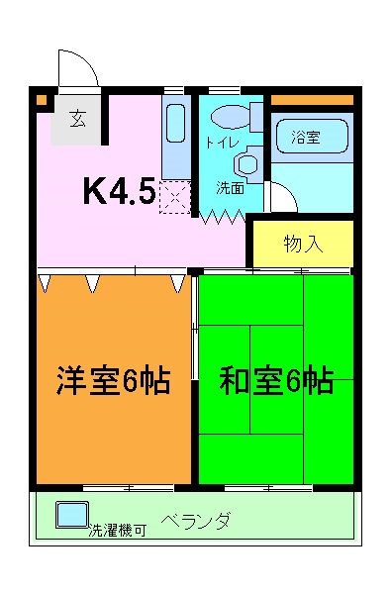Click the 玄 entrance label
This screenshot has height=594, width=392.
pos(76,119)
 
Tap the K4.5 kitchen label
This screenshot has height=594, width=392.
pos(118,190)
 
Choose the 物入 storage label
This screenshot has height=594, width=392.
pos(303,243)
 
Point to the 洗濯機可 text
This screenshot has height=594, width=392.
pos(117,531)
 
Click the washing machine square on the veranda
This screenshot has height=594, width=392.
pos(70,515)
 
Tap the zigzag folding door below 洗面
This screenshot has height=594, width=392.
pos(224,215)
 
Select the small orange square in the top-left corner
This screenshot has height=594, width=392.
pos(42,99)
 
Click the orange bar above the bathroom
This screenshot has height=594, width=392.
pos(311,100)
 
